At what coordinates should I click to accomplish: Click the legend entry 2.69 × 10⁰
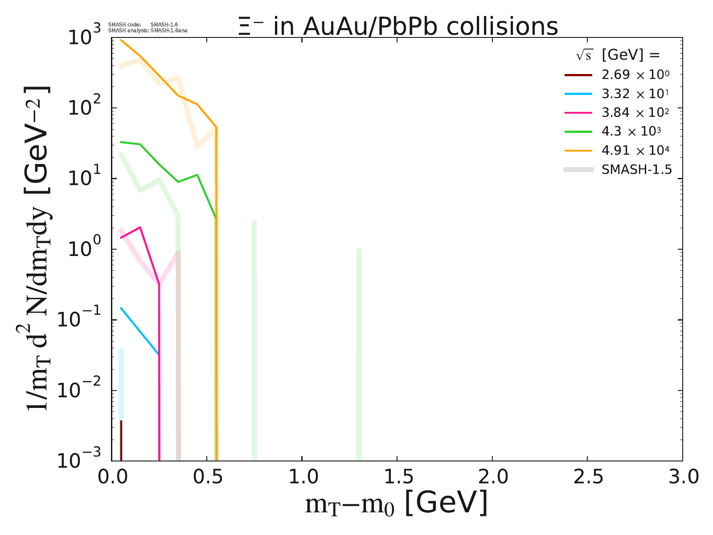pyautogui.click(x=635, y=75)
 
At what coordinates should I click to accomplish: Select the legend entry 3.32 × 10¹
pyautogui.click(x=635, y=94)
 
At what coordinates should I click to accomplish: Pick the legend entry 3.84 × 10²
pyautogui.click(x=635, y=113)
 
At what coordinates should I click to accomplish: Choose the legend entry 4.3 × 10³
pyautogui.click(x=631, y=132)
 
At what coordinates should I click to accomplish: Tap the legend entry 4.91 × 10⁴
pyautogui.click(x=635, y=151)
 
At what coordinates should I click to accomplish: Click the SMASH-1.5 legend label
pyautogui.click(x=636, y=169)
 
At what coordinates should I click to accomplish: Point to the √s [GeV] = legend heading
pyautogui.click(x=618, y=55)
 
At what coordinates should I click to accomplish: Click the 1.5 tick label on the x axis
pyautogui.click(x=397, y=477)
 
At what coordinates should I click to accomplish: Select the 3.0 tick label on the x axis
pyautogui.click(x=682, y=477)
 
